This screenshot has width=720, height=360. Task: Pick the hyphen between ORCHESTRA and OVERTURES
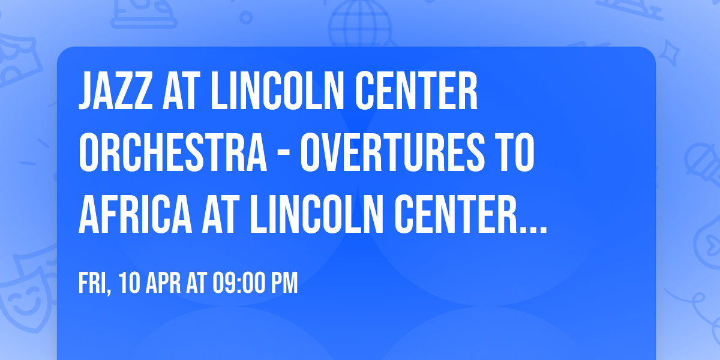[x=284, y=155]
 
